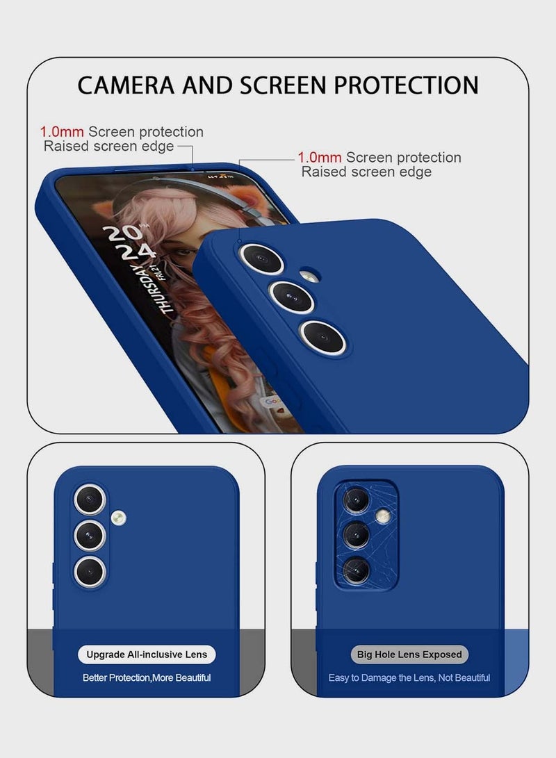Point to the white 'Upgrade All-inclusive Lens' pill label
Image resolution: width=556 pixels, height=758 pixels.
point(147,654)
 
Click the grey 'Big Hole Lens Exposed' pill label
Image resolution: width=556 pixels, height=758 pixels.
point(409,654)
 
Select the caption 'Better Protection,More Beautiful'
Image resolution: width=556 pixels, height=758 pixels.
point(147,677)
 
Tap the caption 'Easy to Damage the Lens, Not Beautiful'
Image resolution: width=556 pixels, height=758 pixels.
point(409,677)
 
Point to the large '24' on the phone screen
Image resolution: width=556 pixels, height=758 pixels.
point(136,252)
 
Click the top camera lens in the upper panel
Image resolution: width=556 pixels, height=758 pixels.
point(261,258)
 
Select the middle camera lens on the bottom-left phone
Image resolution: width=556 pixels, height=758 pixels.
point(90,534)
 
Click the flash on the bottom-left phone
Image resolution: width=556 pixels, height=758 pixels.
point(118,517)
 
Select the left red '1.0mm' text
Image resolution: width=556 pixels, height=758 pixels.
point(63,132)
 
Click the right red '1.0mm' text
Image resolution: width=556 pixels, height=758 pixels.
point(320,158)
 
